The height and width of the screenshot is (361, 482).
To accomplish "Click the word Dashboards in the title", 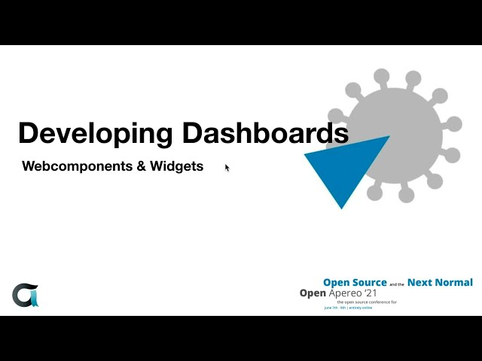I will click(265, 133).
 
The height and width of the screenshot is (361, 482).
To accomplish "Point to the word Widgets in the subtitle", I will click(177, 166).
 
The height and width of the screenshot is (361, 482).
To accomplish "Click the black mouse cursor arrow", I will click(227, 168).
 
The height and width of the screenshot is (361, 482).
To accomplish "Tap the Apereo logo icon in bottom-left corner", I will click(25, 295).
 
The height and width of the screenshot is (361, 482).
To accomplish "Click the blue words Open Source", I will click(355, 283).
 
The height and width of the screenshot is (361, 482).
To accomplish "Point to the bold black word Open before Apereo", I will click(312, 293).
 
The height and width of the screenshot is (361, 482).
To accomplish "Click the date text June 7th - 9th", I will click(333, 308).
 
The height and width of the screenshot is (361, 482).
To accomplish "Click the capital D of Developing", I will click(27, 133).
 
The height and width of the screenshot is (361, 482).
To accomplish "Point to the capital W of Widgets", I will click(156, 166).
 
